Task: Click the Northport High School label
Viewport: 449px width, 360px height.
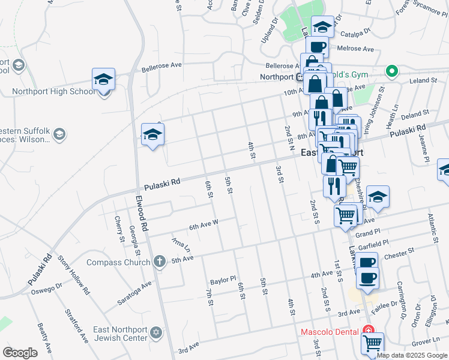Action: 53,92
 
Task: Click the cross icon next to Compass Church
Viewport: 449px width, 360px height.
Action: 159,262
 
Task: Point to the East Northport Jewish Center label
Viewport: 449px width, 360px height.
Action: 121,334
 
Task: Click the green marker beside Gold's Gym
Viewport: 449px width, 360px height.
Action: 391,72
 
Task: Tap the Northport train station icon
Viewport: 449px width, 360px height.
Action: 300,77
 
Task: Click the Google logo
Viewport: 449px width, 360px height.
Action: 20,353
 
